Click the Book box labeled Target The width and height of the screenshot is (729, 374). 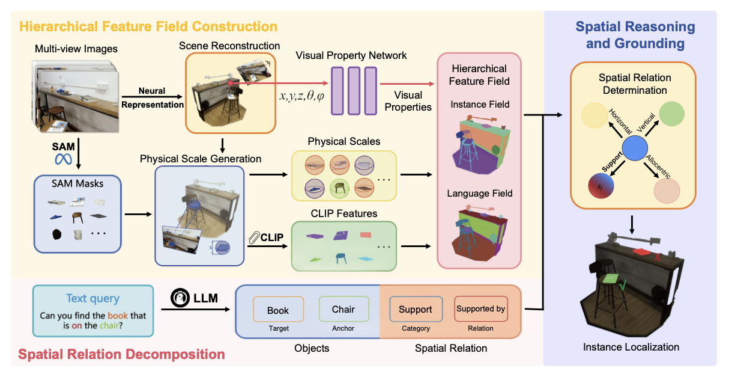coord(278,310)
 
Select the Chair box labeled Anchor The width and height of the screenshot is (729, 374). coord(343,310)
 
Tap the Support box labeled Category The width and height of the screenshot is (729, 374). coord(416,310)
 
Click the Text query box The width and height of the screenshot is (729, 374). coord(93,310)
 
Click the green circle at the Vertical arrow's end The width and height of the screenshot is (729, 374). coord(673,113)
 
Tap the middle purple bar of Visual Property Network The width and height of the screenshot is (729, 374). coord(353,91)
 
